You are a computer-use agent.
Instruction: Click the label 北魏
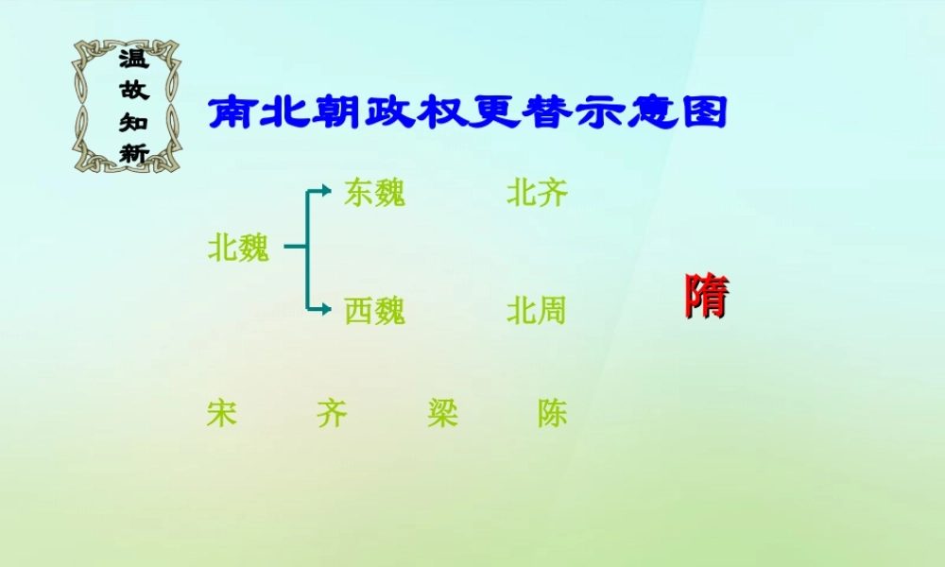point(238,249)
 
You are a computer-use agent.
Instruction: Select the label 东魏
point(374,193)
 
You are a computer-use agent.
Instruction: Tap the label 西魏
point(374,310)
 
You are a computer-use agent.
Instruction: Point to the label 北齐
point(537,193)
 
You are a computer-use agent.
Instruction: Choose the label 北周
point(536,310)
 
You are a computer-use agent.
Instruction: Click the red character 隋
point(706,296)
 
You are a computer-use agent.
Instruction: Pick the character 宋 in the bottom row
point(221,413)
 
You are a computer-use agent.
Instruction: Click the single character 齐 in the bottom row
point(333,413)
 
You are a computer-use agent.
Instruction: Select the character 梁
point(442,413)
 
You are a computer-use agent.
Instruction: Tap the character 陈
point(553,413)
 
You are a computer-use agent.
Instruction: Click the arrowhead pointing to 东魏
point(326,192)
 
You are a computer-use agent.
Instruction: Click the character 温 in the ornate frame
point(133,60)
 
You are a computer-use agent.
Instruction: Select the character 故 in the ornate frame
point(133,91)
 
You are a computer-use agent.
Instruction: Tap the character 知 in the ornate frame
point(133,122)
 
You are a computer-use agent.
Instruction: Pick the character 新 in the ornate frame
point(133,152)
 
